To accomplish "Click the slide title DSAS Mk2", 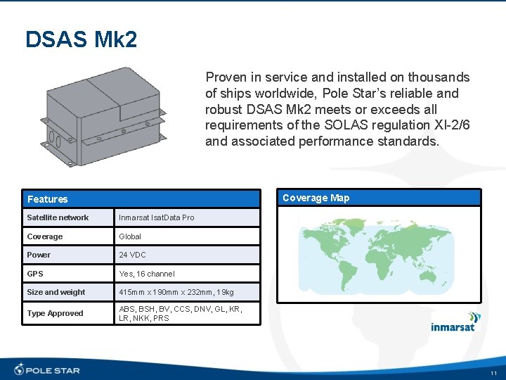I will click(81, 39).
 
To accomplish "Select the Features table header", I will click(48, 199).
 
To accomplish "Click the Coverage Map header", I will click(316, 198).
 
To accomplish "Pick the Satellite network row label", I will click(58, 217).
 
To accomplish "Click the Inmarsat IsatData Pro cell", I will click(157, 217).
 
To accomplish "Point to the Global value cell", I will click(130, 236).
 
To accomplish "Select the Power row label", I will click(39, 255).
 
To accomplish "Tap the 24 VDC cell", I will click(133, 255).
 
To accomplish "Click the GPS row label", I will click(35, 274).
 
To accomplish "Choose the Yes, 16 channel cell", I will click(147, 274).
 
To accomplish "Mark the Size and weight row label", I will click(56, 292).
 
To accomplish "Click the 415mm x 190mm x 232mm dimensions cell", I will click(176, 292).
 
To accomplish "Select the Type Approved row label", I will click(55, 313).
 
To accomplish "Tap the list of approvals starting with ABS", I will click(181, 313).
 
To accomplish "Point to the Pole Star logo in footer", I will click(47, 369).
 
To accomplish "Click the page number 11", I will click(493, 372).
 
